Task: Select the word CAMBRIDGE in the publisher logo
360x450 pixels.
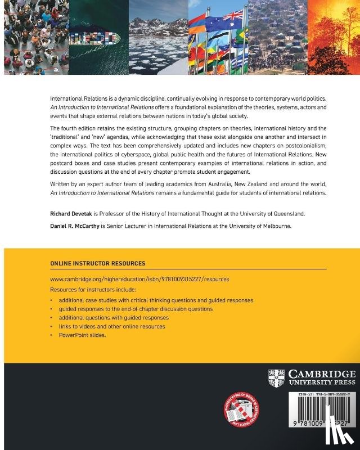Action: tap(321, 373)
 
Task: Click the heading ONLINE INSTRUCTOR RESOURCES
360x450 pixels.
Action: tap(98, 263)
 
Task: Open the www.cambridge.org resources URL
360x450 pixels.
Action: tap(139, 279)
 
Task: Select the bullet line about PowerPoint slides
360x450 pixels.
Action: tap(82, 335)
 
